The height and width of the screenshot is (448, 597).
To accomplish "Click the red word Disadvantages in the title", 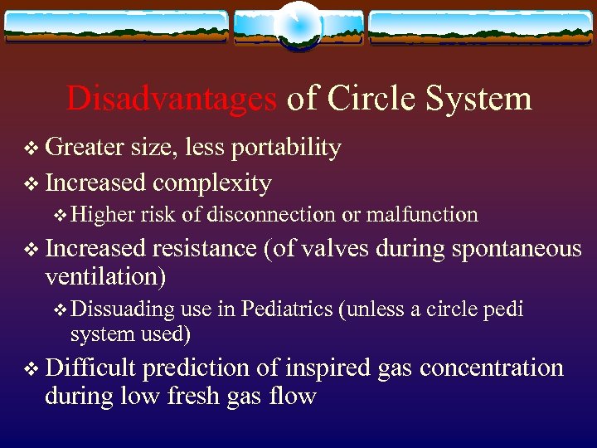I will pos(172,99).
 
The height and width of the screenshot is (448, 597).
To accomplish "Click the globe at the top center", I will pos(298,25).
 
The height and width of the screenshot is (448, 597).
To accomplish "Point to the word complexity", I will pos(212,183).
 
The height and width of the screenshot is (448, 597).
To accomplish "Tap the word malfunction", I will pos(422,215).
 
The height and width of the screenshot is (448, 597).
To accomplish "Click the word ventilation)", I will pos(105,276).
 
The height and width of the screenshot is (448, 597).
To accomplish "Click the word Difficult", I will pos(93,368).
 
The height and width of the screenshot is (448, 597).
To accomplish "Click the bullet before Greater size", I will pos(31,149).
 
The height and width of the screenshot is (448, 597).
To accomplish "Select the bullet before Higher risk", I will pos(59,216).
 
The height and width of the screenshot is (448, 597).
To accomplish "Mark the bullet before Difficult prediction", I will pos(31,368).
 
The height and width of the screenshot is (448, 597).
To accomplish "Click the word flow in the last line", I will pos(294,396).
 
